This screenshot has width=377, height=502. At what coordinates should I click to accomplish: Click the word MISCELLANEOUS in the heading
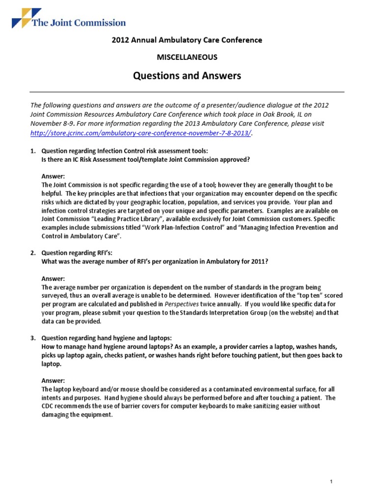point(187,57)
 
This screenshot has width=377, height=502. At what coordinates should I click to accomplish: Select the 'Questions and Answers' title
point(187,76)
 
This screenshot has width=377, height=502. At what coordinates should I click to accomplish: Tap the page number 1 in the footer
point(332,468)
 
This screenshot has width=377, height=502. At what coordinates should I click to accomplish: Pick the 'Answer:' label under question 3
point(54,380)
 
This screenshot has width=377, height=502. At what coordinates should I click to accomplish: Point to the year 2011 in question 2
point(257,261)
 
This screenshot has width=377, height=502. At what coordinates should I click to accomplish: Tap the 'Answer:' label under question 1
point(54,176)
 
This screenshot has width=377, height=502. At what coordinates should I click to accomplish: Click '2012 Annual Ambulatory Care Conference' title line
point(187,40)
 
